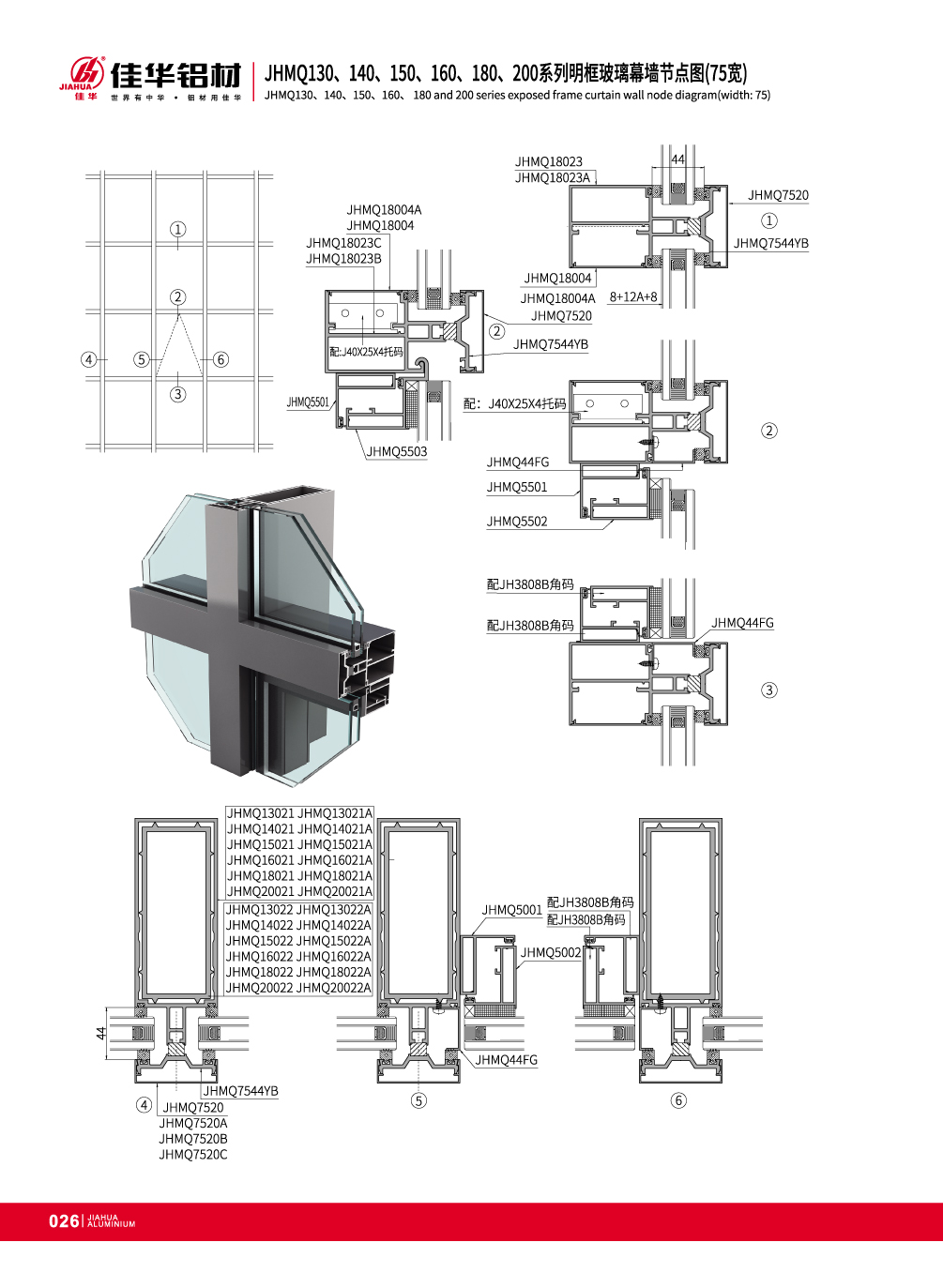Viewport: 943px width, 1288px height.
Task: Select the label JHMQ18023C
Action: coord(343,243)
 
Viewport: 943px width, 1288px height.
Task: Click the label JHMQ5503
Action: coord(397,451)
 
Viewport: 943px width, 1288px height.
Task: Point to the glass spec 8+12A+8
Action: coord(633,296)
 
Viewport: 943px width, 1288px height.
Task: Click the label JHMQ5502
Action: coord(517,522)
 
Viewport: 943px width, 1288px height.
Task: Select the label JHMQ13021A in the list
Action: coord(335,813)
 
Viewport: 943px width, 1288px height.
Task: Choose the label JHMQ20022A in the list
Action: coord(335,988)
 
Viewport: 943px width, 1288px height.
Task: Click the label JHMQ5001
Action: coord(511,910)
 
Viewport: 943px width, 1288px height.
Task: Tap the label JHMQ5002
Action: coord(551,953)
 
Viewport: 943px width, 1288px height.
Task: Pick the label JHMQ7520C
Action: coord(193,1154)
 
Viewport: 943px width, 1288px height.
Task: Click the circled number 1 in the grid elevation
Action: coord(177,230)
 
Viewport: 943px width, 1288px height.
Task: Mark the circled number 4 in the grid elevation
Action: coord(88,359)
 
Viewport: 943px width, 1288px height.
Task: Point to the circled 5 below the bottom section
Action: coord(418,1100)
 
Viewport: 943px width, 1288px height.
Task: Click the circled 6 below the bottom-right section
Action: coord(678,1100)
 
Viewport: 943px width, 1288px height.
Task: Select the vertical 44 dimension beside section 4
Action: coord(101,1033)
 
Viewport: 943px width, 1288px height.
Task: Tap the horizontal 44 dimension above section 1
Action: coord(678,159)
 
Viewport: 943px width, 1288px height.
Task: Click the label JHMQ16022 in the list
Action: coord(261,956)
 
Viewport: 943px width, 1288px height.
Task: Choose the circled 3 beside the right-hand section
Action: coord(769,689)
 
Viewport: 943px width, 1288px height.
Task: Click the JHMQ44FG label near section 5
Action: coord(507,1060)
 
